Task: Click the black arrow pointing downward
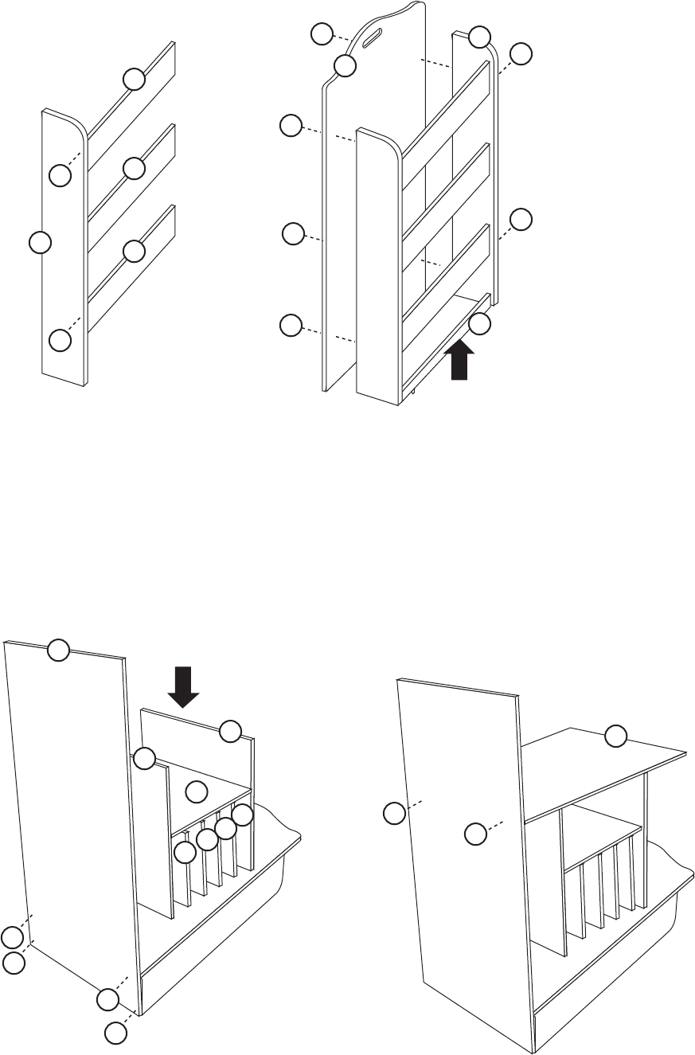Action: [x=184, y=686]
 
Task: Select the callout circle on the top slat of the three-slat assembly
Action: [x=134, y=79]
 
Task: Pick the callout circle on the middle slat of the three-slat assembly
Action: [x=134, y=168]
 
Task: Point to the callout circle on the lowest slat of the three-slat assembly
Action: [x=134, y=251]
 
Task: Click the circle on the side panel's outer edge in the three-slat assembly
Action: [x=39, y=241]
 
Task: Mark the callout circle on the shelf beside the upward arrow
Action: [x=479, y=323]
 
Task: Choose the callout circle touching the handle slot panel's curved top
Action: [x=345, y=66]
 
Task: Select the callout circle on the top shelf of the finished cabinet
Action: [x=615, y=737]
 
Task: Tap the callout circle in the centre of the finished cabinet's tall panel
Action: [x=475, y=834]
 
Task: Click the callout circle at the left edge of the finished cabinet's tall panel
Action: [x=393, y=814]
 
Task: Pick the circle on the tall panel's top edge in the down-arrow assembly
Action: [x=58, y=651]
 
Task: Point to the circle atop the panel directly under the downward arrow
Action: [x=230, y=731]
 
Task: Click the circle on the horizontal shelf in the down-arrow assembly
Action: [x=197, y=791]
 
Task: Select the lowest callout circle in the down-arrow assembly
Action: [x=116, y=1034]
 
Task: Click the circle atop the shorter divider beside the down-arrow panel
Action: [x=144, y=759]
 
